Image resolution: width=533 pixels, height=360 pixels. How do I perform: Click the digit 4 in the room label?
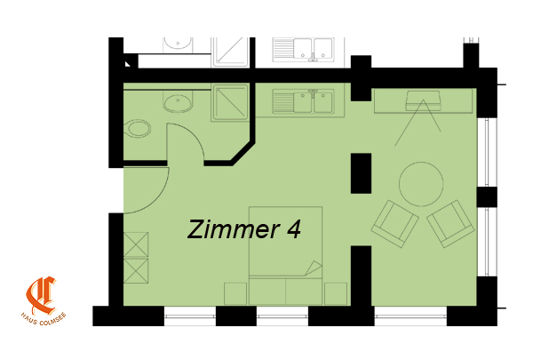(x=294, y=229)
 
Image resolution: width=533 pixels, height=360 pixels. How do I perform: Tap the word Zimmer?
(x=234, y=228)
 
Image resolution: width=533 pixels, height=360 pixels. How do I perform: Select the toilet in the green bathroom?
(x=138, y=129)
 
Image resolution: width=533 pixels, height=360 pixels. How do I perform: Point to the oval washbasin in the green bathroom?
(x=178, y=103)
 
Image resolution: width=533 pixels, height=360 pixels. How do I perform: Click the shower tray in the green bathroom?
(x=230, y=102)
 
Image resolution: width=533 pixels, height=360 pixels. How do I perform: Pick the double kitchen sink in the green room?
(x=303, y=101)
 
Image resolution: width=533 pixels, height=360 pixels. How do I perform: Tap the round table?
(x=421, y=184)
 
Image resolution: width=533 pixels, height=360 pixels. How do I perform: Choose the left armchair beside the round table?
(x=394, y=223)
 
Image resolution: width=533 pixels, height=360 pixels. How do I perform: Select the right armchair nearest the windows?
(x=450, y=223)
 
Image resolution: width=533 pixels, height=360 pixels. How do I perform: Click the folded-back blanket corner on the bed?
(x=314, y=268)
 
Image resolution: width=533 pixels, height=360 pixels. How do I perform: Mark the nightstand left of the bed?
(x=235, y=293)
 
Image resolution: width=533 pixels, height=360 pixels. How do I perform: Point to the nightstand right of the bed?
(x=336, y=293)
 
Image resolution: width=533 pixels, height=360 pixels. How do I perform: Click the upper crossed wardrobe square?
(x=136, y=244)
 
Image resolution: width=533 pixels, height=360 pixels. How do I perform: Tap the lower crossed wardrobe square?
(x=136, y=271)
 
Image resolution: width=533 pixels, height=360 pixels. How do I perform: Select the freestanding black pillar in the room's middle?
(x=361, y=173)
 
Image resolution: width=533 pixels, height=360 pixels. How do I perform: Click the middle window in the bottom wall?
(x=282, y=316)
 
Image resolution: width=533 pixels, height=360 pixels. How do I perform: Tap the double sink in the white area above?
(x=303, y=50)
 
